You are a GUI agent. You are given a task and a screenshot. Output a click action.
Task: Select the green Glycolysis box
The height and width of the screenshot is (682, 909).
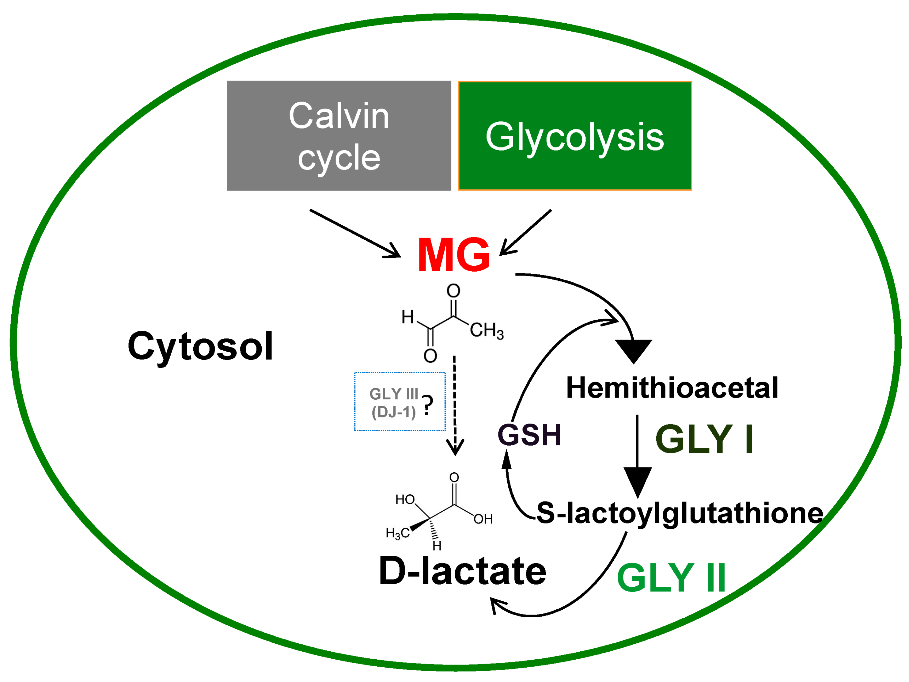[574, 136]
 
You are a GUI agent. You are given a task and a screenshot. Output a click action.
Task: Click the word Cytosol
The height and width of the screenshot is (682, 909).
[200, 346]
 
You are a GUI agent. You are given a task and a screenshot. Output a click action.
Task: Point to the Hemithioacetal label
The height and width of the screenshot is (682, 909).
[672, 388]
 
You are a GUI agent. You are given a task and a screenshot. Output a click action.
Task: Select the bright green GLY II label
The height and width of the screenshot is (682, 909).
[671, 578]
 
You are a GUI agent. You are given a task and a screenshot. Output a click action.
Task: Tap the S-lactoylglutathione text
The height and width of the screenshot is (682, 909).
[680, 513]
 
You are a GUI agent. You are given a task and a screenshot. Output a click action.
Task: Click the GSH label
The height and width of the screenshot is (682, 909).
[529, 435]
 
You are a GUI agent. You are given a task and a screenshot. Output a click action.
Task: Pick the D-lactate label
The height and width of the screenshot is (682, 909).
[462, 571]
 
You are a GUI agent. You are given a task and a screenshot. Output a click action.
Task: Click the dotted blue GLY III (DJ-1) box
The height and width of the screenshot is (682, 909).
[400, 402]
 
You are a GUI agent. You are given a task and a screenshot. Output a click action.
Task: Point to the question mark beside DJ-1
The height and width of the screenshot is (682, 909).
[428, 405]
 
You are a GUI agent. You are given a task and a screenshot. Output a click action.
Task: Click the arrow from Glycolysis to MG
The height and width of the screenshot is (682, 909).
[526, 232]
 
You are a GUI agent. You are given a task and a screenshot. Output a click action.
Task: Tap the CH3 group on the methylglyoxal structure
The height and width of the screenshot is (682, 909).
[487, 330]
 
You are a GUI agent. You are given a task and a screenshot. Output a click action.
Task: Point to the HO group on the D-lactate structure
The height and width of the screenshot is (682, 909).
[405, 500]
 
